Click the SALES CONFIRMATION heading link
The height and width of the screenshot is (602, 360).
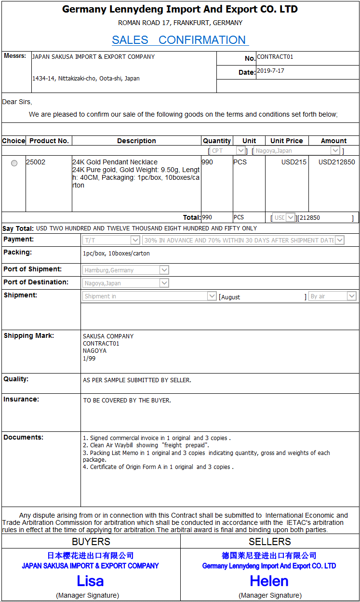coord(180,40)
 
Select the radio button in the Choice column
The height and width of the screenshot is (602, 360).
coord(14,163)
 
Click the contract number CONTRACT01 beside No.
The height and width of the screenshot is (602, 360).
coord(275,57)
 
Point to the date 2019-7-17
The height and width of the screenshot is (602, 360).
coord(270,71)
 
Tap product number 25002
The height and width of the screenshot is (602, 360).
coord(36,162)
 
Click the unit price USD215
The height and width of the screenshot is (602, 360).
coord(294,162)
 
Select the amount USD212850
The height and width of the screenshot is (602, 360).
coord(336,162)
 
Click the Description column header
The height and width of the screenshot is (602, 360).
coord(136,141)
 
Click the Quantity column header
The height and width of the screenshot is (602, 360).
coord(216,141)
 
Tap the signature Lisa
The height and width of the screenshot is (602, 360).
coord(90,581)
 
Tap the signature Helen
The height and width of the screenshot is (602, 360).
coord(269,581)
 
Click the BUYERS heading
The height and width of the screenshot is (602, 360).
coord(91,542)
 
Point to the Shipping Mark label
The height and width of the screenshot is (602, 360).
coord(29,335)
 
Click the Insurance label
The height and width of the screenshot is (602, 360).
coord(21,399)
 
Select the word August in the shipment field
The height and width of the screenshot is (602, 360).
coord(231,297)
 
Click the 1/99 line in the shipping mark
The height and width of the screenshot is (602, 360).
coord(89,358)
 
